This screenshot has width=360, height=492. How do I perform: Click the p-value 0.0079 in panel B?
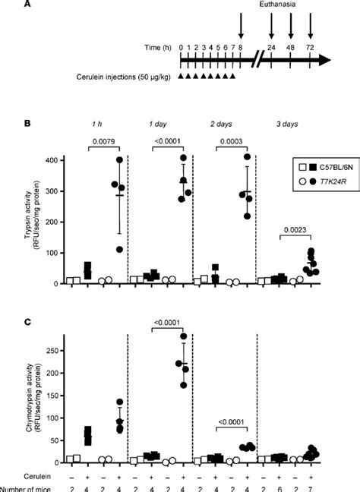103,140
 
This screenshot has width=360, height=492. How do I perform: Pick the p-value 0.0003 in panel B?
232,140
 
